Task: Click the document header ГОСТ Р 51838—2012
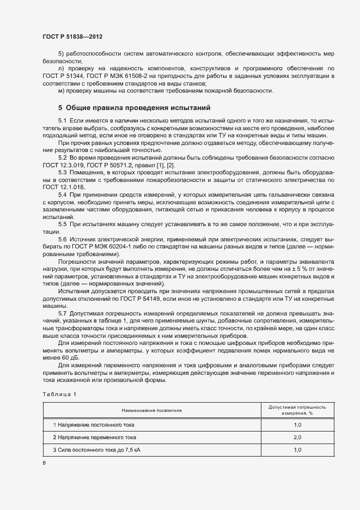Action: point(72,37)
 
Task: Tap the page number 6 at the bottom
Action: point(44,463)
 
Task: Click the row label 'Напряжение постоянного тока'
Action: point(93,424)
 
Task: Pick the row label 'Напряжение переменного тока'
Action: point(94,437)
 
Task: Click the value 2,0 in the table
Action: point(297,437)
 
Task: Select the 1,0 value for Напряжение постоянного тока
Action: point(297,424)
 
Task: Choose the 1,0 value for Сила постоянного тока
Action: point(297,450)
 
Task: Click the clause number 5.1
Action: point(62,120)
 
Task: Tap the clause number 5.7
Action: point(62,314)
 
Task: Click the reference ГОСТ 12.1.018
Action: point(64,187)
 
